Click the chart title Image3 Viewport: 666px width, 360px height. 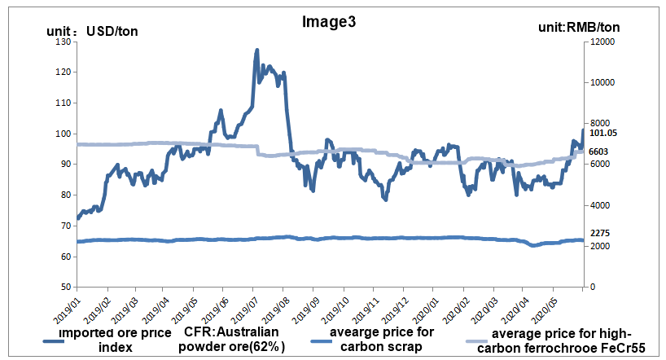click(x=329, y=22)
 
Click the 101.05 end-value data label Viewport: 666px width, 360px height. click(x=604, y=133)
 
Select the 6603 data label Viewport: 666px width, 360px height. click(x=599, y=151)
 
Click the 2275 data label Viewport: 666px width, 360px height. click(x=599, y=233)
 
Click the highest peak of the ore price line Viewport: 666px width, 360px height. click(x=257, y=50)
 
